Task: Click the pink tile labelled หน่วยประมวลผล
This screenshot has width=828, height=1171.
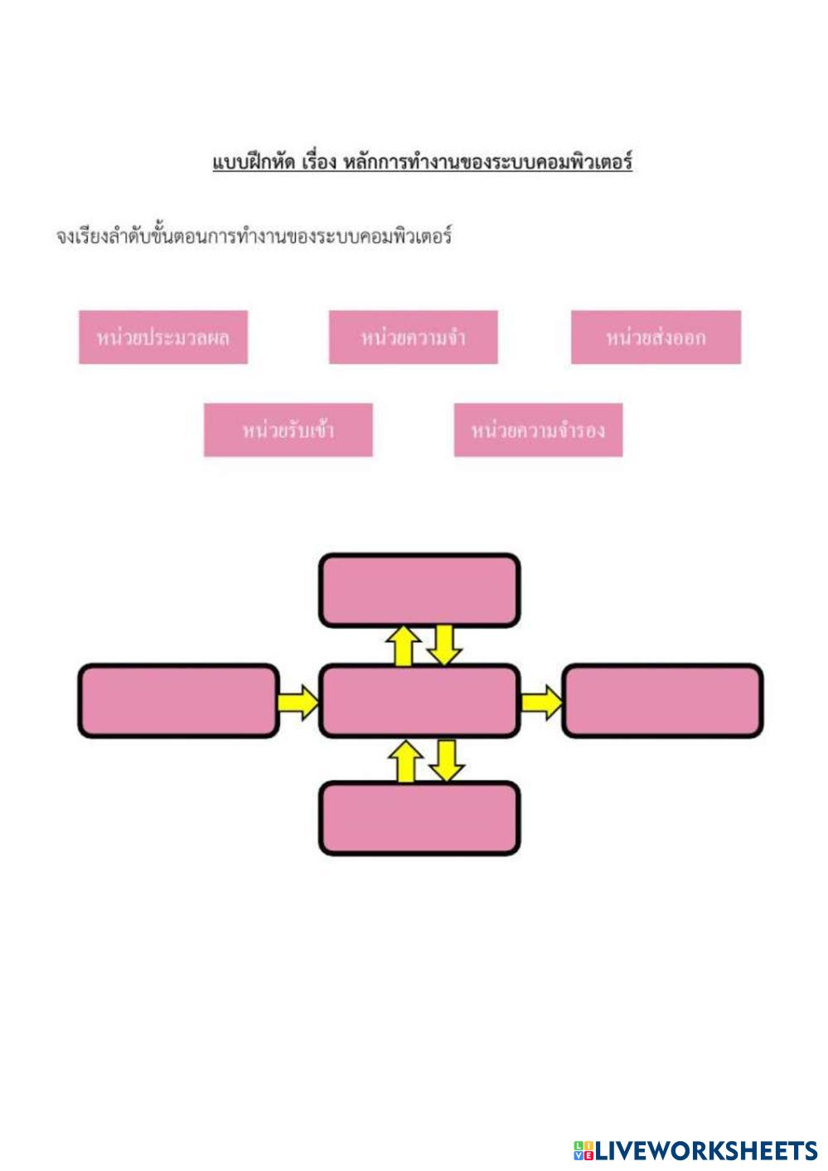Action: pos(163,337)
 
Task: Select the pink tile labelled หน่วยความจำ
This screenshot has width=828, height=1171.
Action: pos(413,337)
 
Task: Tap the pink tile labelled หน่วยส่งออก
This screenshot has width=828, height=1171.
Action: pos(656,337)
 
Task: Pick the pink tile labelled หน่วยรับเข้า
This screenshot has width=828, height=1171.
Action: pos(288,430)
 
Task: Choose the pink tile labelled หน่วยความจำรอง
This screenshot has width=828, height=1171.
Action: pos(538,430)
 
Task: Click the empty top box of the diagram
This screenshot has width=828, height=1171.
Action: pos(419,590)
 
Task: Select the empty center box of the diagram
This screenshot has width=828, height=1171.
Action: pos(419,701)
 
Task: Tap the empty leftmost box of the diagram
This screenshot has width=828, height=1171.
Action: pos(178,701)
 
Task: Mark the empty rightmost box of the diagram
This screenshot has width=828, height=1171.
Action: pos(662,701)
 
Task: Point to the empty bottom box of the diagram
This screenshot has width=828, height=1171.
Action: pos(419,818)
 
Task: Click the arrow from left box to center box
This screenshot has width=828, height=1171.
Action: pos(298,702)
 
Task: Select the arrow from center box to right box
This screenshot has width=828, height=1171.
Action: pos(540,702)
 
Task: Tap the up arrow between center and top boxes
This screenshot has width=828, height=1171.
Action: pos(404,646)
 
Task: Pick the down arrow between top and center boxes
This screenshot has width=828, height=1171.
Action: pos(444,645)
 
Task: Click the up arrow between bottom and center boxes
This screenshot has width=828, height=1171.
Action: pos(405,761)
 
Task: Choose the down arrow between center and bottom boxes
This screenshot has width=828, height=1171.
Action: pos(446,760)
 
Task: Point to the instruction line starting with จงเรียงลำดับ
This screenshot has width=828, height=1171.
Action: pos(254,237)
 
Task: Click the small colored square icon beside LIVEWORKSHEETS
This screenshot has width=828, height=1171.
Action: pos(583,1150)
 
